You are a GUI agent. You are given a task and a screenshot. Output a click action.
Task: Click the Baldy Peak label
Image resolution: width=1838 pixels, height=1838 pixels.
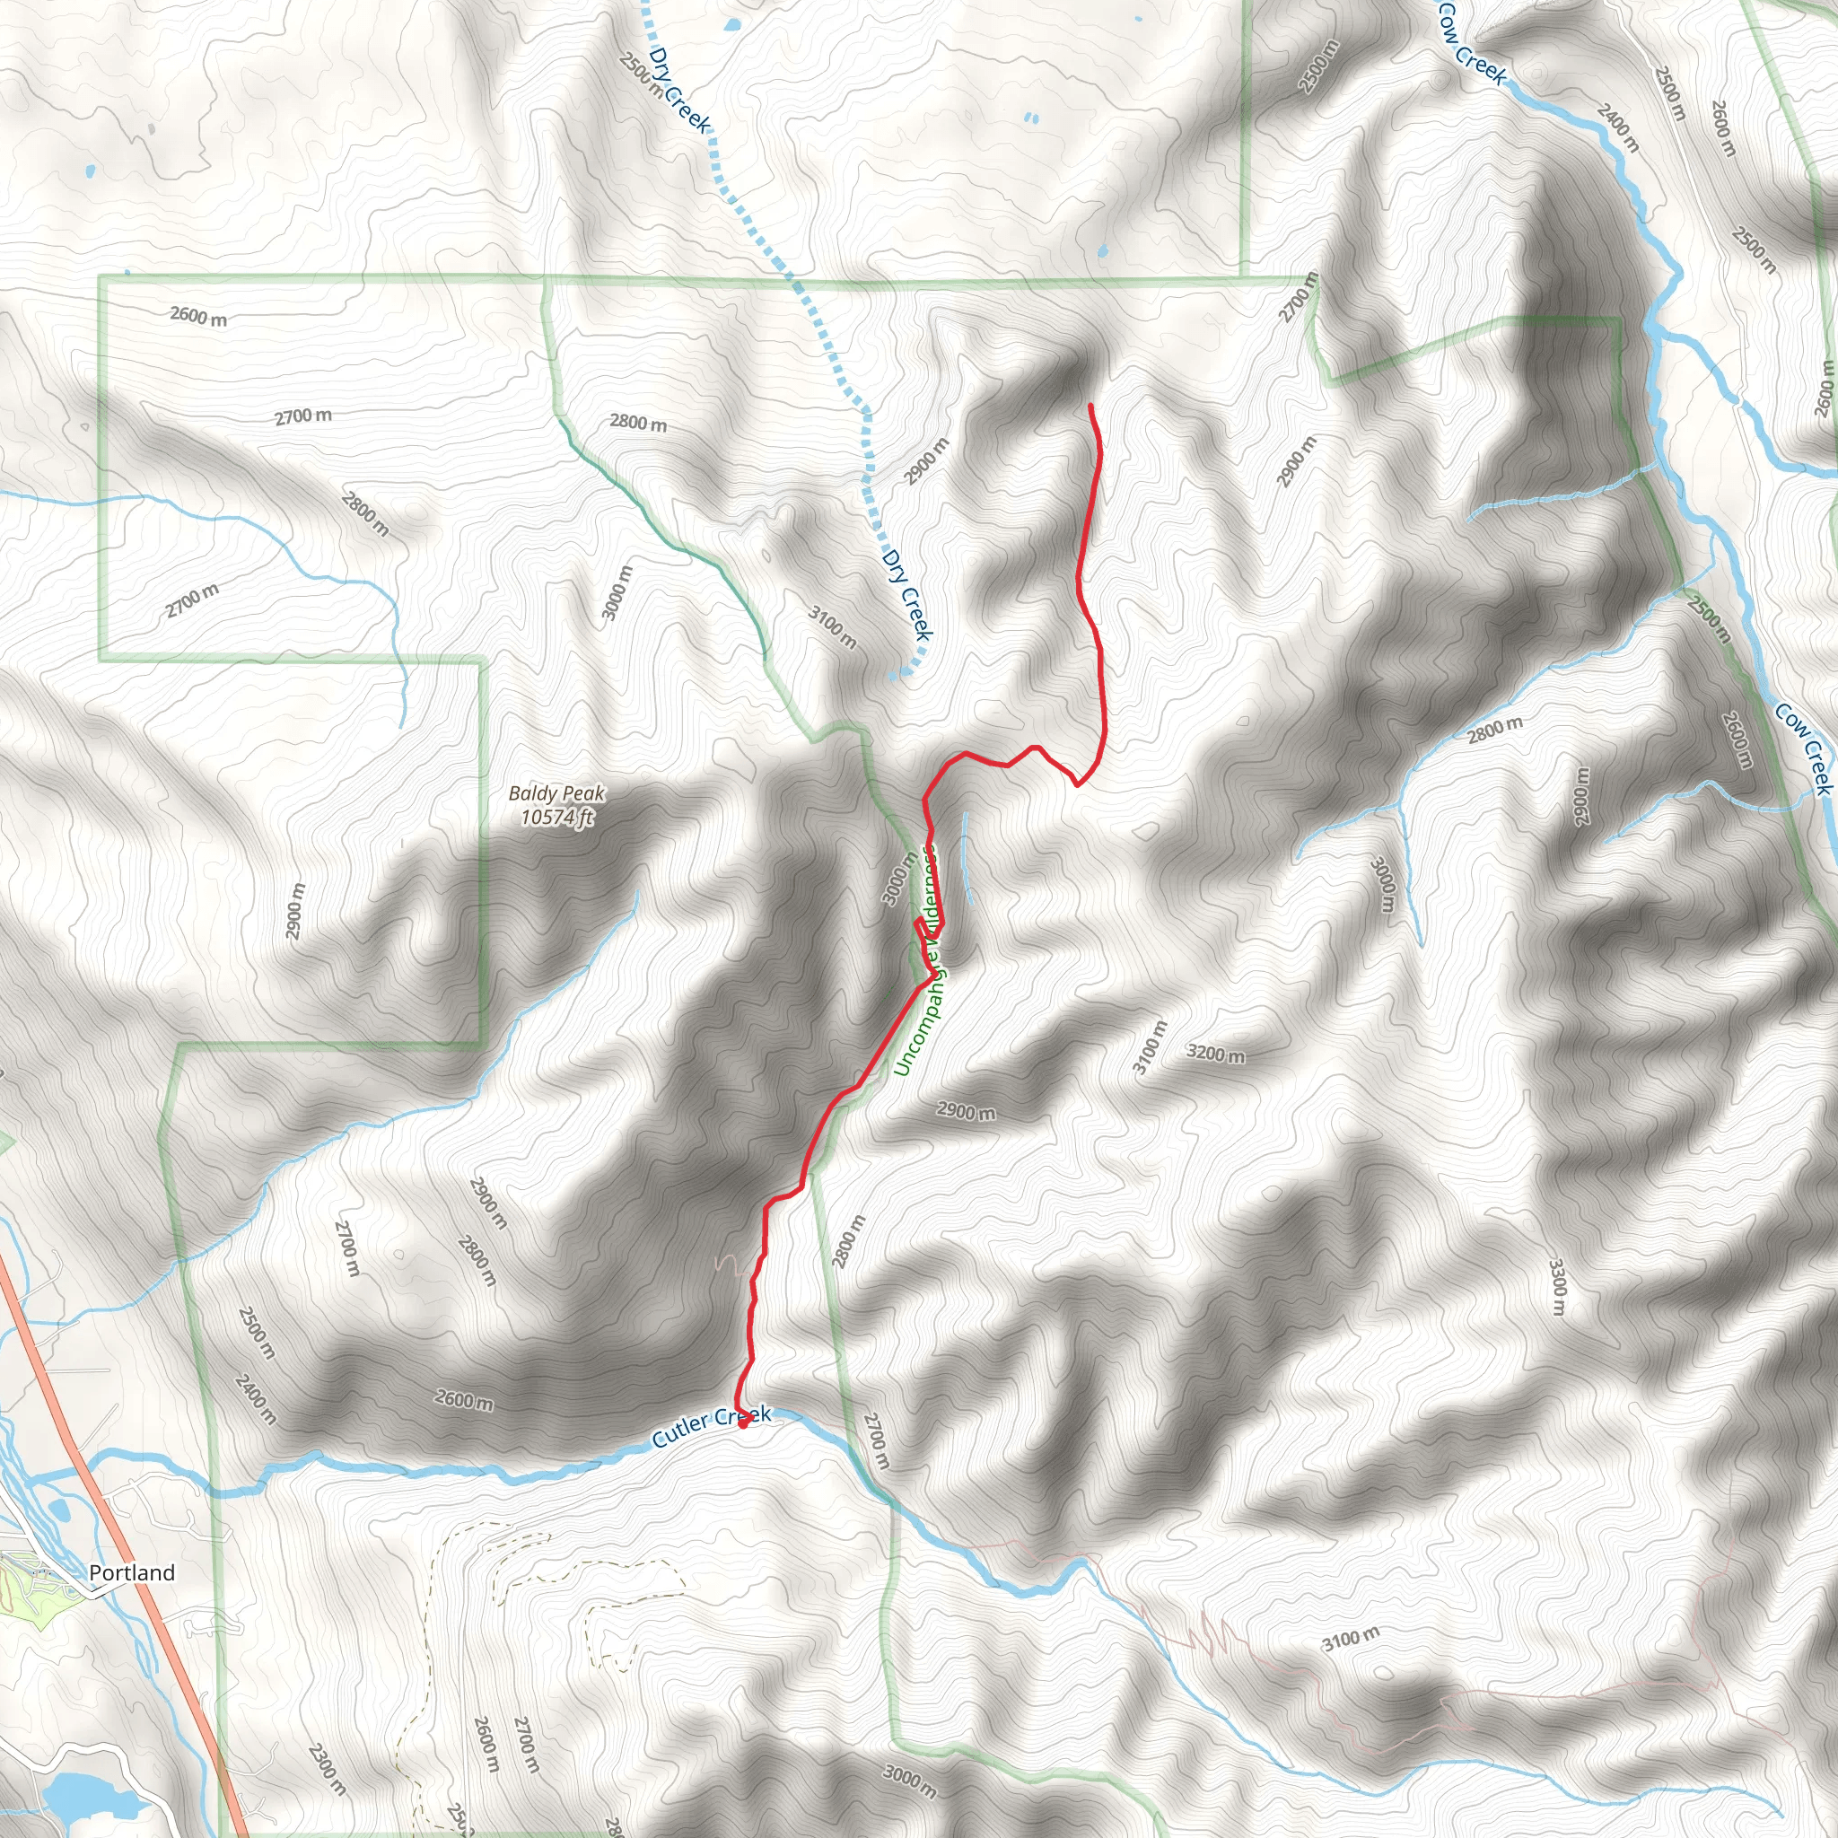click(x=556, y=792)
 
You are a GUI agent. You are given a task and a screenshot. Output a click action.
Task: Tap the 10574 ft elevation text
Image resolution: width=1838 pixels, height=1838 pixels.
click(x=556, y=817)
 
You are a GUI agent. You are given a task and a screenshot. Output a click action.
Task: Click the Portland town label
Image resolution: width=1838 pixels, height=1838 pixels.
click(x=131, y=1572)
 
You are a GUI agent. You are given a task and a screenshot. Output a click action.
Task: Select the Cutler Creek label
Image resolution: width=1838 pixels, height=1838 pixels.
click(x=711, y=1427)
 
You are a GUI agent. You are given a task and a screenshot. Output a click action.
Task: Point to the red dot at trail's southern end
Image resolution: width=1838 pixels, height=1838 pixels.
click(x=743, y=1424)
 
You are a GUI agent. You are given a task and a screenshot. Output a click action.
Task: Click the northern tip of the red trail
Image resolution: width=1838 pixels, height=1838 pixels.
click(x=1090, y=407)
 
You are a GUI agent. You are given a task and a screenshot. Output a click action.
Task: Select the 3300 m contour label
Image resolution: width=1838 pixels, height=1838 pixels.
click(x=1556, y=1287)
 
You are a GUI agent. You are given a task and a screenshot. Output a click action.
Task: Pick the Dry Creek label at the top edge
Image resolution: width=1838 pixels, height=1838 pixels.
click(x=679, y=91)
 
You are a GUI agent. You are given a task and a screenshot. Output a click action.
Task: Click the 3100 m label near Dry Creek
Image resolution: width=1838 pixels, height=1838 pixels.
click(x=833, y=628)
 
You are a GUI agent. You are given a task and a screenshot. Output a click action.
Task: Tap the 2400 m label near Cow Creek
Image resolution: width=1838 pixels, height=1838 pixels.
click(x=1618, y=127)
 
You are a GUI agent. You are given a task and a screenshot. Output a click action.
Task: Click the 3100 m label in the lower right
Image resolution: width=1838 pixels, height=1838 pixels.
click(x=1351, y=1638)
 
